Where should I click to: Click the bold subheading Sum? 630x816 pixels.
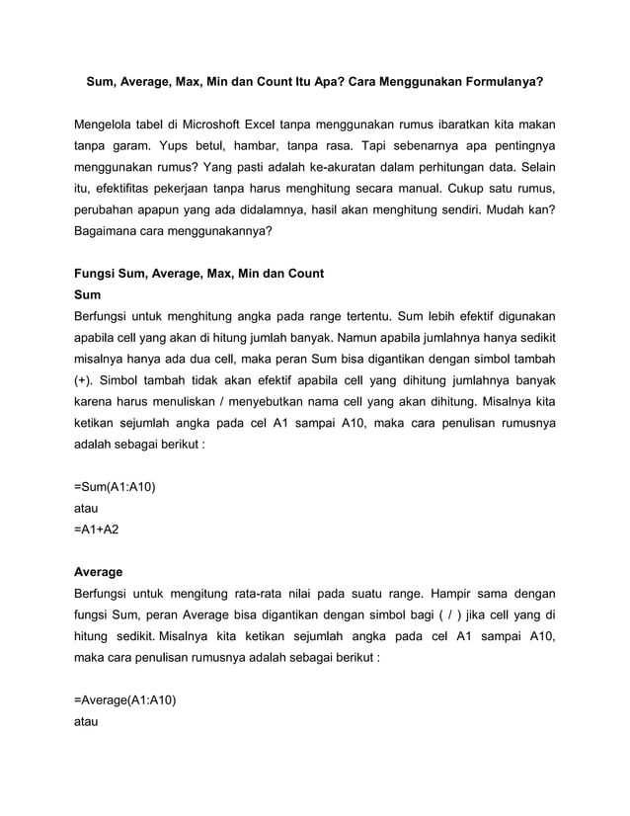(88, 294)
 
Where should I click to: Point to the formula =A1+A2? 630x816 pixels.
(97, 530)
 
